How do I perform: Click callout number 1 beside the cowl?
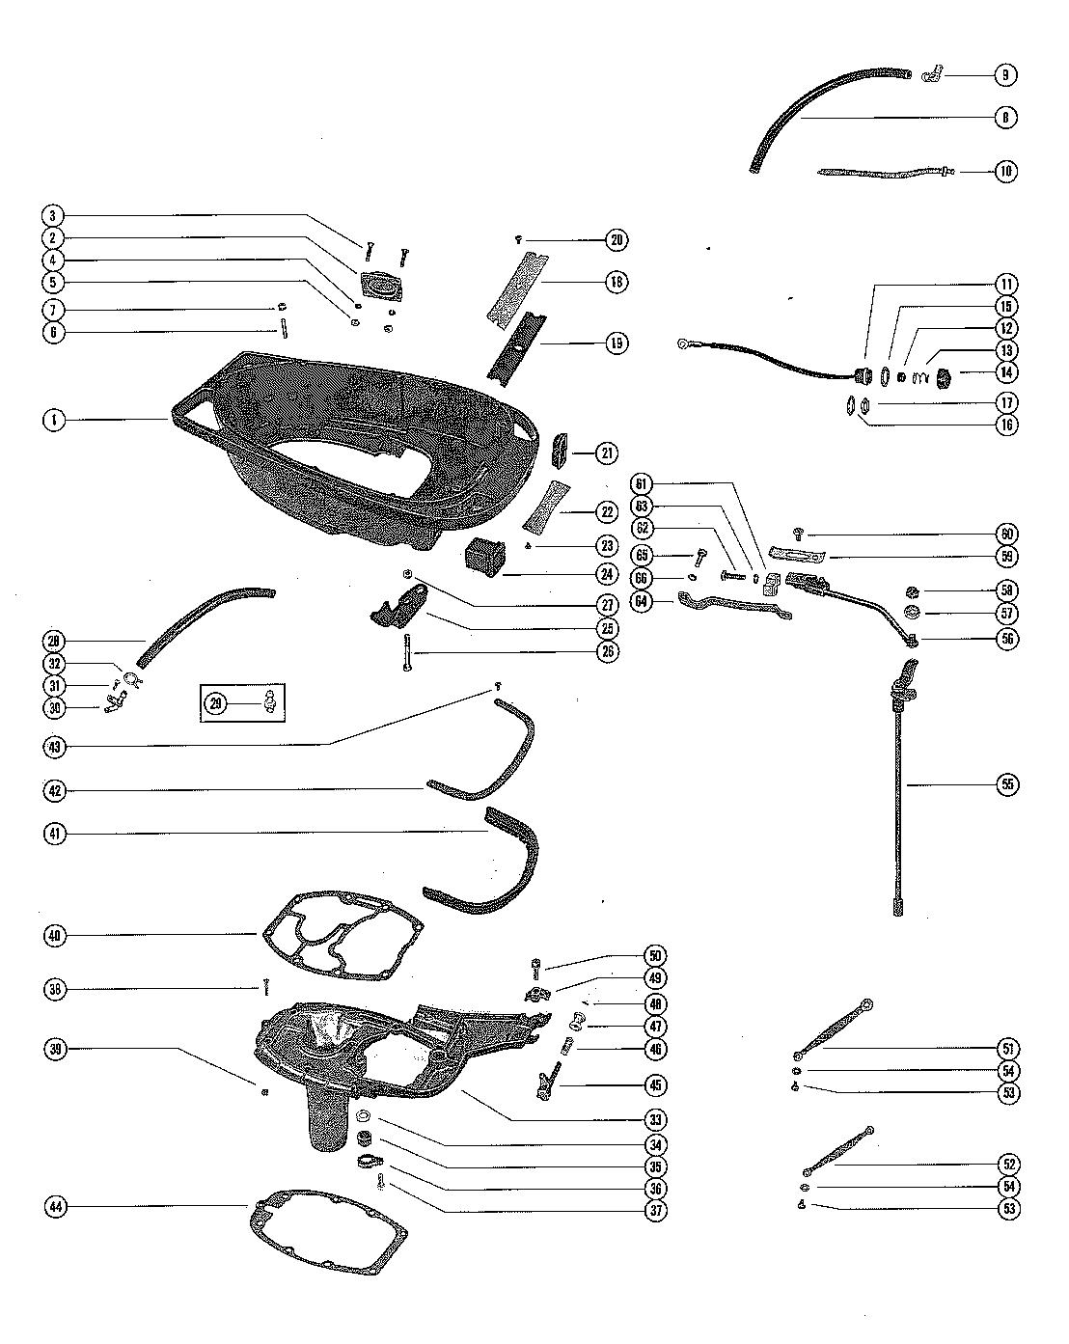tap(54, 420)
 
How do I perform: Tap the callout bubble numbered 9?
tap(1005, 74)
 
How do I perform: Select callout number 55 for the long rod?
tap(1007, 784)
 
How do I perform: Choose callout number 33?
tap(655, 1120)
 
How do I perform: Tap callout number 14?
tap(1006, 372)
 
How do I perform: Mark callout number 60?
tap(1007, 534)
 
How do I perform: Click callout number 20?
tap(617, 239)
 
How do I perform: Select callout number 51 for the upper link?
tap(1007, 1048)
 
